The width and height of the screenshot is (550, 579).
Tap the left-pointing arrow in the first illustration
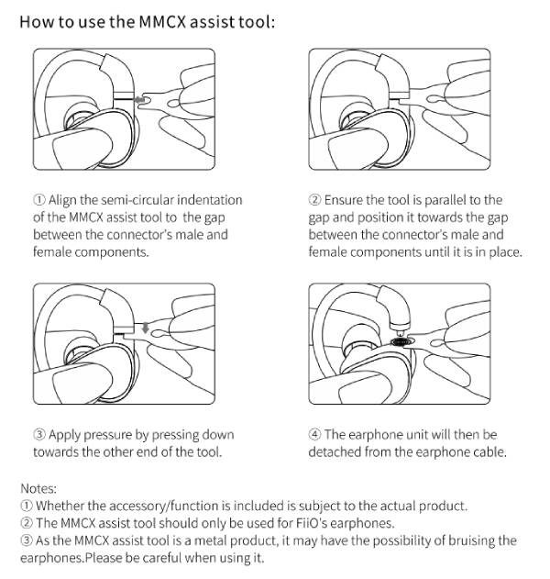coord(138,100)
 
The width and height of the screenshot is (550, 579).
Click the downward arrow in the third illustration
coord(146,328)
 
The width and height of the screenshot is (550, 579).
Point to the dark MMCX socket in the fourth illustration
coord(401,341)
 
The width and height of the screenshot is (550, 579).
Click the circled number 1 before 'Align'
coord(39,200)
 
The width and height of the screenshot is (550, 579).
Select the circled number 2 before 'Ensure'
coord(314,200)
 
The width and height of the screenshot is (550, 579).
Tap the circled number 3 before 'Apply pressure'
coord(39,435)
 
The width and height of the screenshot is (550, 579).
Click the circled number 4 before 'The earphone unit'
coord(314,435)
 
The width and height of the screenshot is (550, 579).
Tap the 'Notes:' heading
coord(38,488)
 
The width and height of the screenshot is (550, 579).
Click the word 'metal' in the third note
coord(210,540)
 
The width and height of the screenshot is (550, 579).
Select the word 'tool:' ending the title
coord(257,22)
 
